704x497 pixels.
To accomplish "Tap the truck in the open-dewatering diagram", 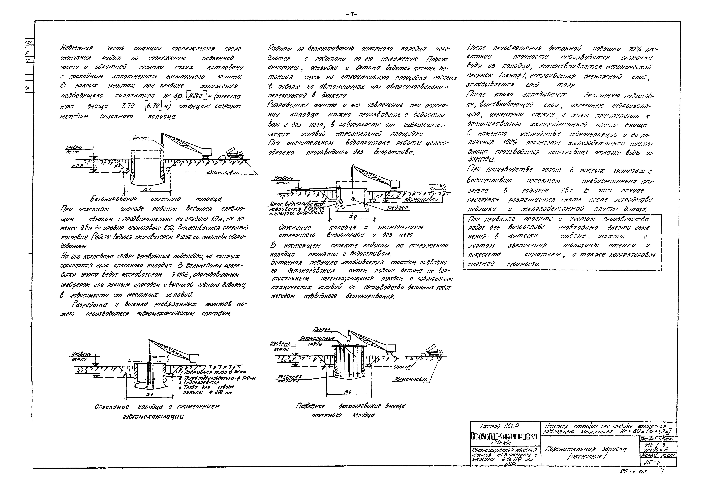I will [x=438, y=187].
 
